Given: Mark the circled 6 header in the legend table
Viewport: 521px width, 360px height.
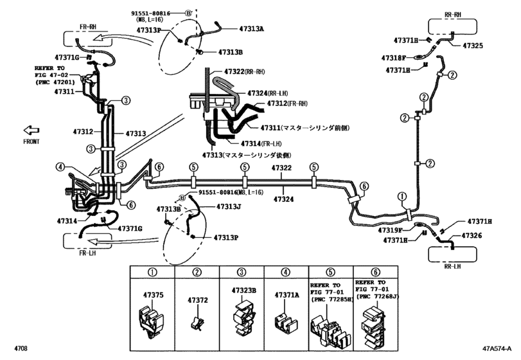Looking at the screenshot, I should click(x=376, y=272).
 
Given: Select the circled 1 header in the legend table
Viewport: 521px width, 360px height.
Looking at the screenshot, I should click(x=153, y=272).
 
